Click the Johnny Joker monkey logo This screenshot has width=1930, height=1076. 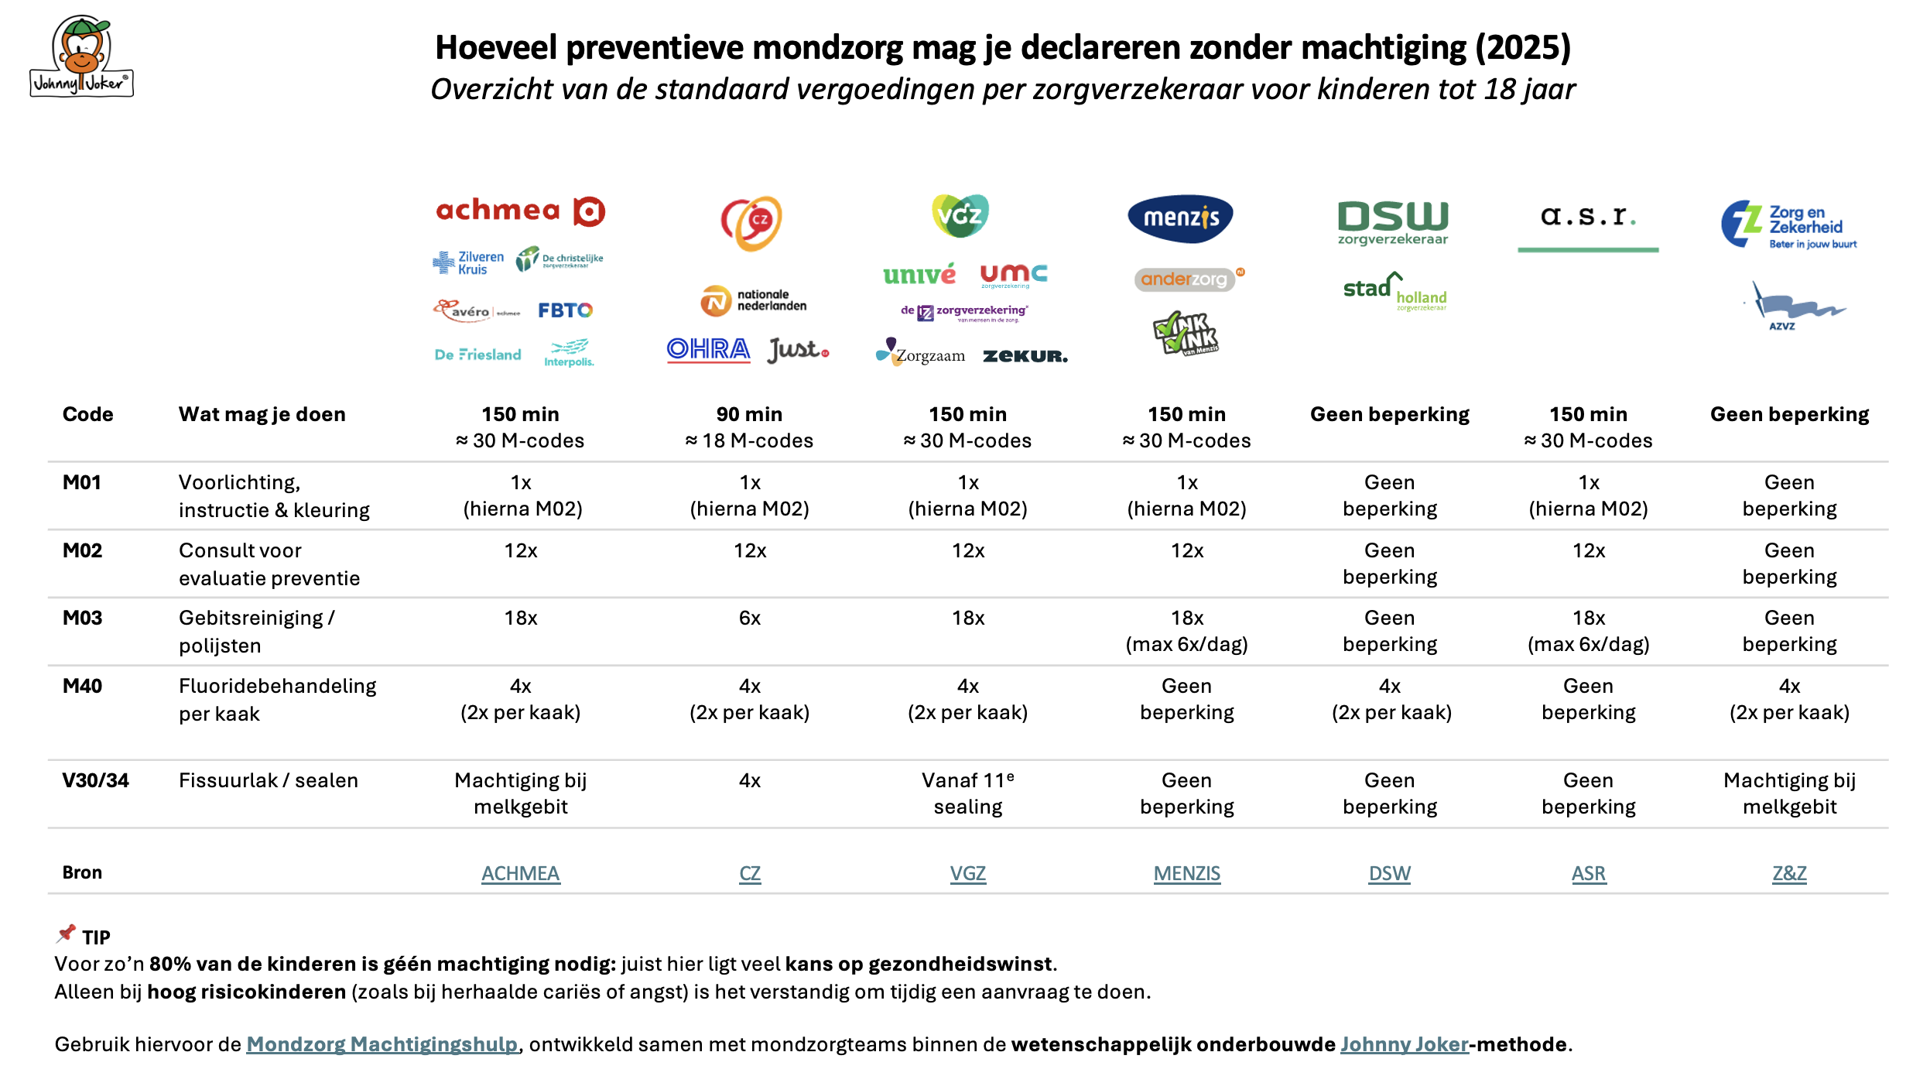tap(81, 57)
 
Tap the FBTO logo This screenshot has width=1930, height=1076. tap(565, 310)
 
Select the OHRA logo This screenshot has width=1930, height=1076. tap(708, 350)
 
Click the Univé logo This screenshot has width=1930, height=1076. tap(919, 274)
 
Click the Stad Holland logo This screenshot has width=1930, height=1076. tap(1394, 291)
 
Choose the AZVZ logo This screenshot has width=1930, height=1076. tap(1794, 307)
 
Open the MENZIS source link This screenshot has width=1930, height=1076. tap(1186, 873)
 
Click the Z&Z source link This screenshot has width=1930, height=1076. tap(1789, 873)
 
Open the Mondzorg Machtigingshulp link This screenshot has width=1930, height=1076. tap(382, 1044)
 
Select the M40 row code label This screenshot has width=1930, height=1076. tap(82, 686)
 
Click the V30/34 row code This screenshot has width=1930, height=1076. tap(95, 780)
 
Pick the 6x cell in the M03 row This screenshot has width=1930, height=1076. tap(749, 618)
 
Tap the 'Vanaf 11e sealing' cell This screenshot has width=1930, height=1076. tap(967, 793)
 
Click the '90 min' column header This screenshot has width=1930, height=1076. tap(749, 415)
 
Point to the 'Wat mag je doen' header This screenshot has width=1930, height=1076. tap(262, 415)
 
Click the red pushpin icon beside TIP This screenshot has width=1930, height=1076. tap(67, 934)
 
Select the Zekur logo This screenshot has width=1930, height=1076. tap(1025, 356)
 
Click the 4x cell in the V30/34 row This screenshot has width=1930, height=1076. tap(749, 780)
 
